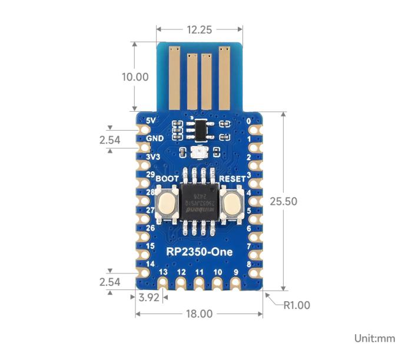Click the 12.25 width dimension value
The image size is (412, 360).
pos(199,29)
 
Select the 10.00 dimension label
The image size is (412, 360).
pos(134,77)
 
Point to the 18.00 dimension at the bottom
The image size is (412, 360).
pos(199,314)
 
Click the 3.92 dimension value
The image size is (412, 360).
pos(149,298)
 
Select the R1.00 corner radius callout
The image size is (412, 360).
pos(296,305)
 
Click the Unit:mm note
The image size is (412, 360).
pos(375,338)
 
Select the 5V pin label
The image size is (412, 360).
pos(151,121)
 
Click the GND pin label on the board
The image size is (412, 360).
pos(154,139)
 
